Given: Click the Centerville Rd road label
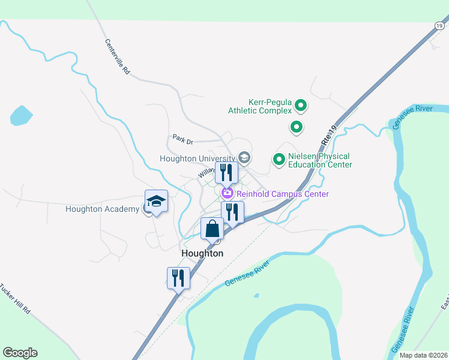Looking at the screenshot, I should click(x=118, y=56).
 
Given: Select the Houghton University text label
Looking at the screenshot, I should click(x=197, y=158).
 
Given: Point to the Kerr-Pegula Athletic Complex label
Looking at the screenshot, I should click(x=260, y=106).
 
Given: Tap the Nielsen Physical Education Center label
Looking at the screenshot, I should click(x=319, y=160).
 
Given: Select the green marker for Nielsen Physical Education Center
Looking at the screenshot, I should click(x=279, y=159).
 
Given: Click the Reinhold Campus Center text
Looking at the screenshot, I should click(x=283, y=194).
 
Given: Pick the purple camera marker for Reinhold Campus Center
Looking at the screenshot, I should click(x=228, y=193).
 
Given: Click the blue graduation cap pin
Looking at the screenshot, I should click(x=156, y=202).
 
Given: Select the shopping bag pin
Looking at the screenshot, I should click(x=212, y=229).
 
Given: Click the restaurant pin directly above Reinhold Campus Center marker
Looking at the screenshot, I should click(x=226, y=173).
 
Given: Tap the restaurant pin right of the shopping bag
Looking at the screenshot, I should click(x=232, y=212).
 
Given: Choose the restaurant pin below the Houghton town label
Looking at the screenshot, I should click(x=178, y=278).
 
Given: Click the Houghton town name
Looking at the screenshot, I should click(x=202, y=253).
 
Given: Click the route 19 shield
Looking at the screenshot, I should click(x=439, y=25).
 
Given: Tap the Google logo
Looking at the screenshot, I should click(x=20, y=353).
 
